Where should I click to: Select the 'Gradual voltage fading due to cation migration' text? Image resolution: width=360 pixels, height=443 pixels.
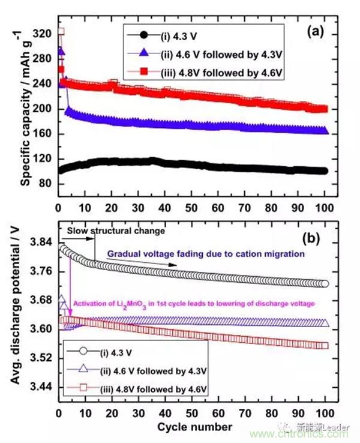click(x=212, y=255)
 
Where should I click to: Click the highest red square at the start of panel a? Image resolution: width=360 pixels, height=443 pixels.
click(x=61, y=32)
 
